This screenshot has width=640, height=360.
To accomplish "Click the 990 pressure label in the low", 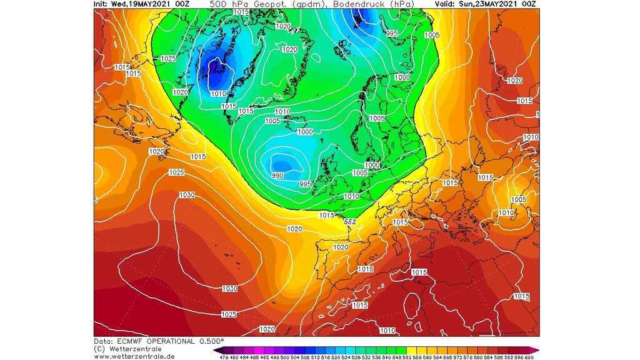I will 278,176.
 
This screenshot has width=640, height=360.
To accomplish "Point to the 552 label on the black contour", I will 350,222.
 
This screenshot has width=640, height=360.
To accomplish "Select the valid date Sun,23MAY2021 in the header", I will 493,4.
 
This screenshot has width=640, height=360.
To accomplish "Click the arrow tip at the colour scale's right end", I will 538,351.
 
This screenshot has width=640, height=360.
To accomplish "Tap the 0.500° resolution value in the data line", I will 211,341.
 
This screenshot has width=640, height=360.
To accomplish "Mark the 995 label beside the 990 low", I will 305,184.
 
